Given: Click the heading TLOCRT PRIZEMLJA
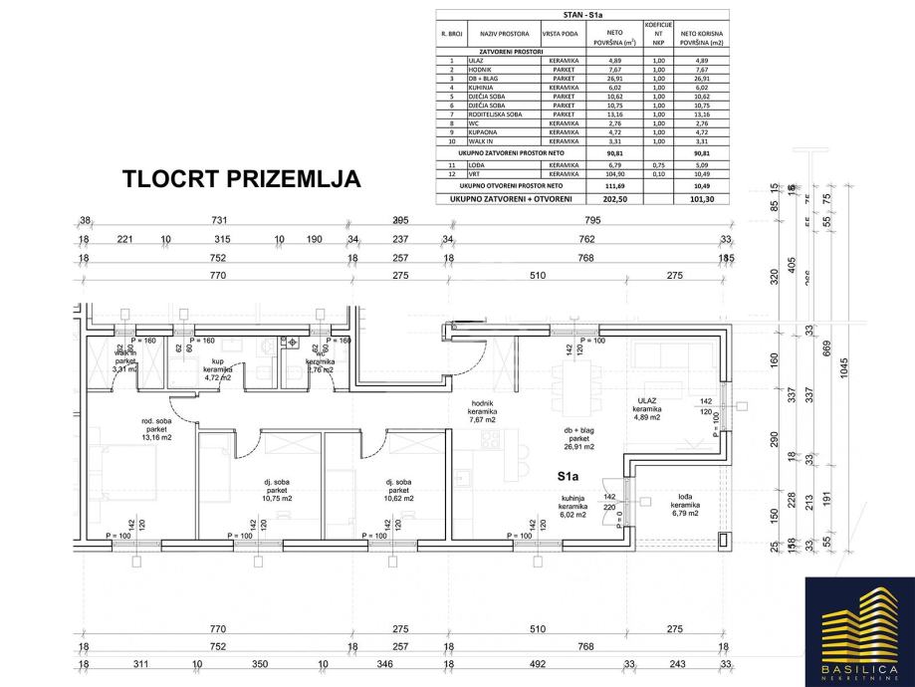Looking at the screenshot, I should click(240, 179).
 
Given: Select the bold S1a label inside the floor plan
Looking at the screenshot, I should click(570, 476).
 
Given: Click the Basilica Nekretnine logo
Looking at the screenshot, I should click(859, 624).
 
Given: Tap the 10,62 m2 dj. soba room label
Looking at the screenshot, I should click(397, 490).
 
